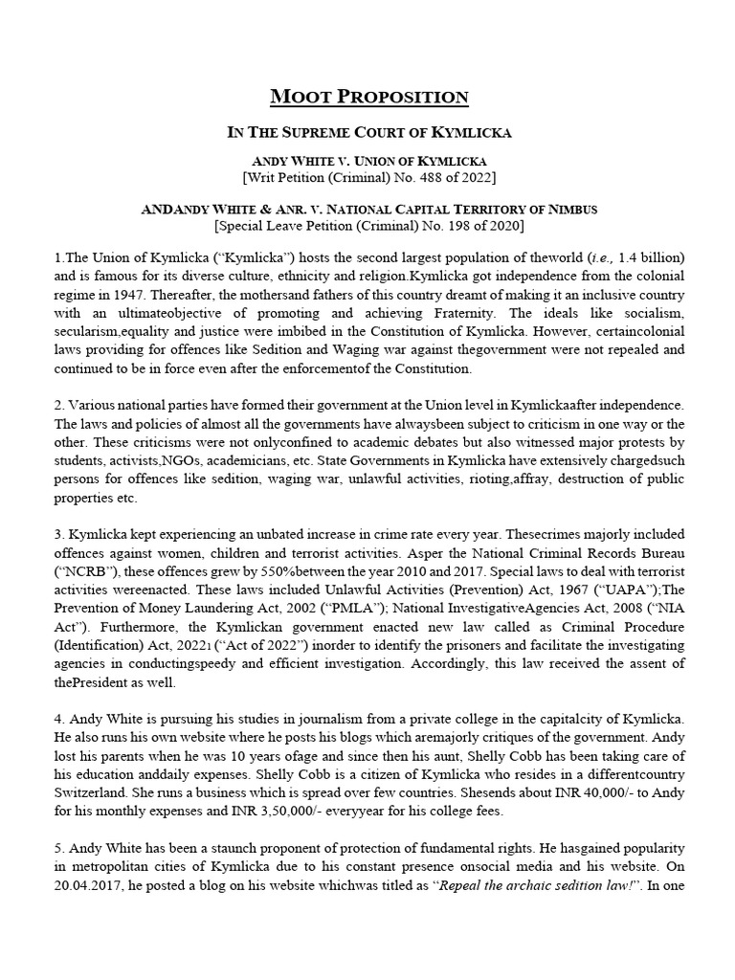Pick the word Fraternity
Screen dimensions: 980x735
[x=491, y=314]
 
